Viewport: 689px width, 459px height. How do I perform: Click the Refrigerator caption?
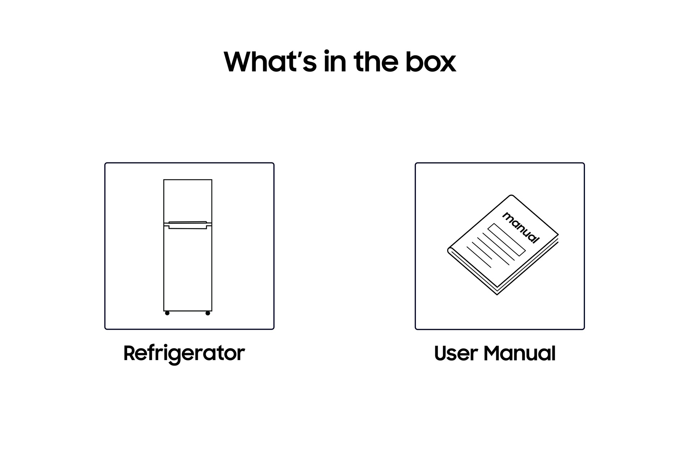[184, 353]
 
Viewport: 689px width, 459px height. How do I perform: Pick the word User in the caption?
[455, 353]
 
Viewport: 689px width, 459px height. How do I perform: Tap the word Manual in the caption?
[520, 353]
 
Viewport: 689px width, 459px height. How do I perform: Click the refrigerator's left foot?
[167, 313]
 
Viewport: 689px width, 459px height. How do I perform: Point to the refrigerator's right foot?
[208, 313]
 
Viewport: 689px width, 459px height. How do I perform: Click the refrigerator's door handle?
[188, 225]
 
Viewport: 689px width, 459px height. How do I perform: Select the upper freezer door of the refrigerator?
[188, 201]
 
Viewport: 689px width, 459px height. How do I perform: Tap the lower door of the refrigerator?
[188, 269]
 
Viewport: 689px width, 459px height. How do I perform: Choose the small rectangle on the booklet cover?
[506, 240]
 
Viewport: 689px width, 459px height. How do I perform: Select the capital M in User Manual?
[493, 353]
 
